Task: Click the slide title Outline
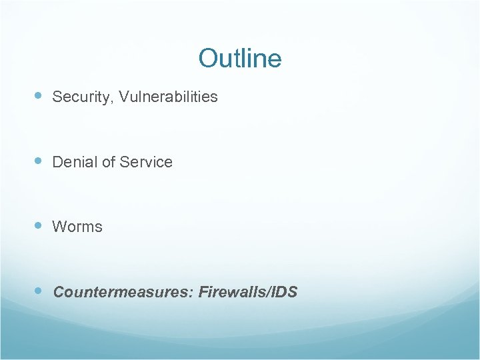[x=240, y=58]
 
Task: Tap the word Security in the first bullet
[x=76, y=97]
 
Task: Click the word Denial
[x=73, y=162]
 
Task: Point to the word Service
[x=148, y=162]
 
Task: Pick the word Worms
[x=77, y=227]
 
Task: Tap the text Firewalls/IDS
[x=248, y=292]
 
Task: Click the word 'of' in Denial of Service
[x=108, y=162]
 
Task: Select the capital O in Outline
[x=208, y=59]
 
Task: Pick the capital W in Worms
[x=59, y=227]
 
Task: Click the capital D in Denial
[x=57, y=162]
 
